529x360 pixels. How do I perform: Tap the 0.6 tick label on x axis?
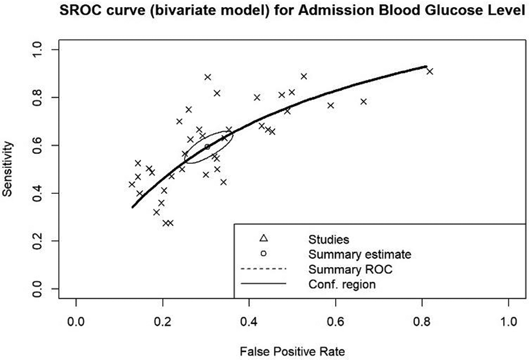point(335,322)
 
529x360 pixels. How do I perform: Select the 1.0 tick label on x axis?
point(508,322)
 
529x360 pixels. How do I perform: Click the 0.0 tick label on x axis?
point(76,322)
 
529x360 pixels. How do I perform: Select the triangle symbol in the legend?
point(263,238)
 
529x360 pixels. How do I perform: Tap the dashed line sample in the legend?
point(263,269)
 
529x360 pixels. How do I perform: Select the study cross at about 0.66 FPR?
point(363,102)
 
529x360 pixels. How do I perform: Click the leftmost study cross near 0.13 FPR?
point(132,184)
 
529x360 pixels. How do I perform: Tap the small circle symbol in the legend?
point(263,254)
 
